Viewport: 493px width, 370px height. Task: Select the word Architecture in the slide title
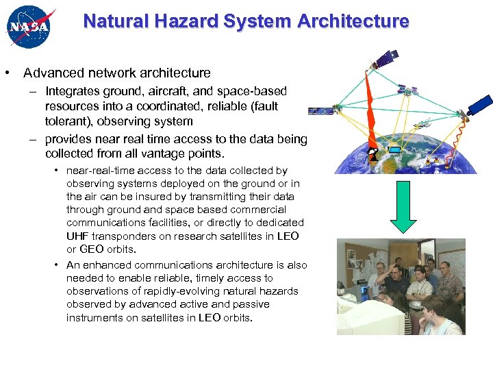[x=353, y=21]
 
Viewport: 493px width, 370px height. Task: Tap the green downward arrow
[x=405, y=208]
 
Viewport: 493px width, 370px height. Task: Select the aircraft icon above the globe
[x=424, y=124]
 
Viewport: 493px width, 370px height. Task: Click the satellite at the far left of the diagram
[x=320, y=110]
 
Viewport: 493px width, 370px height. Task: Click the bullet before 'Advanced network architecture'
[x=6, y=73]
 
